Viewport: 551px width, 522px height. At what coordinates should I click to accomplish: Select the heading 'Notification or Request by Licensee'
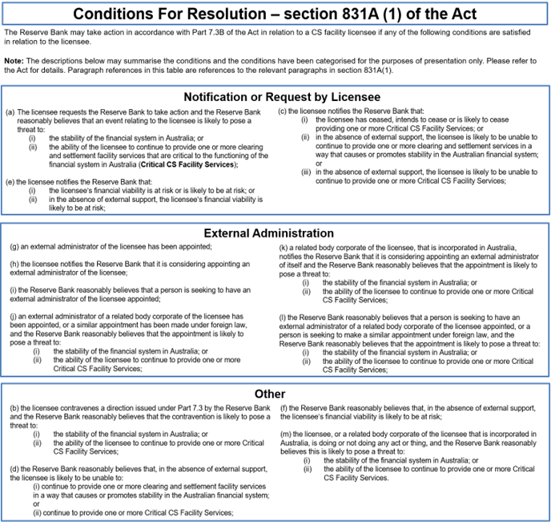coord(275,96)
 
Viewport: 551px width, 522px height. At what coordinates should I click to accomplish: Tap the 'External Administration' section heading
coord(275,233)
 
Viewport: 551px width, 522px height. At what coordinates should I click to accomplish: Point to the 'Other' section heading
coord(275,395)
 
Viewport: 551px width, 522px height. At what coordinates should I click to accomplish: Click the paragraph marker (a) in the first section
coord(10,112)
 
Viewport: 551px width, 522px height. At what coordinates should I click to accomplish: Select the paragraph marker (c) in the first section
coord(283,111)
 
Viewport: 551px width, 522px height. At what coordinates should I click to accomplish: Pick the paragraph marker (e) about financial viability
coord(10,182)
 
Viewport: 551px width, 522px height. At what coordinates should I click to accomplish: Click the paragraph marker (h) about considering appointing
coord(14,264)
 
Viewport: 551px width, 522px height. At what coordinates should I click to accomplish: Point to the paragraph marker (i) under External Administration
coord(13,289)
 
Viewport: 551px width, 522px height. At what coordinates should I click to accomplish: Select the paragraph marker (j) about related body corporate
coord(13,316)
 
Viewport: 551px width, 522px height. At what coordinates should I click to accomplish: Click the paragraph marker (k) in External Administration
coord(283,248)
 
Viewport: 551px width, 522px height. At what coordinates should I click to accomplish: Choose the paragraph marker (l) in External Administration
coord(282,318)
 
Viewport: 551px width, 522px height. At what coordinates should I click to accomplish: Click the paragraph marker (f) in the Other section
coord(282,409)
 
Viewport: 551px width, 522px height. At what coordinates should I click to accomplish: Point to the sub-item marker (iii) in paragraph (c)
coord(307,172)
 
